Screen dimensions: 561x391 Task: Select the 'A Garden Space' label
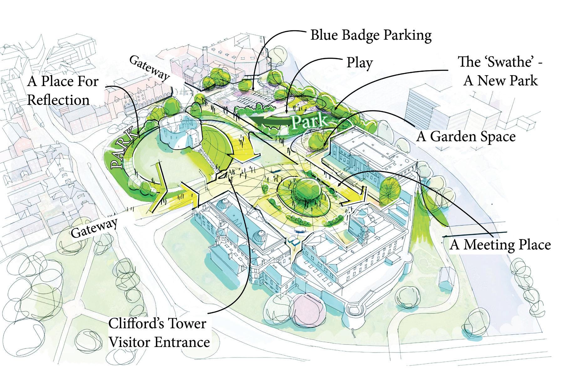(x=466, y=137)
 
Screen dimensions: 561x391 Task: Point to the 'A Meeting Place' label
(x=500, y=245)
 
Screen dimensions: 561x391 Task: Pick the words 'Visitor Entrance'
(x=159, y=342)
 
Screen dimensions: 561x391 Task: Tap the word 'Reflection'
(x=59, y=100)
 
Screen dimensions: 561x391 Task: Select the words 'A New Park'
(x=500, y=81)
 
